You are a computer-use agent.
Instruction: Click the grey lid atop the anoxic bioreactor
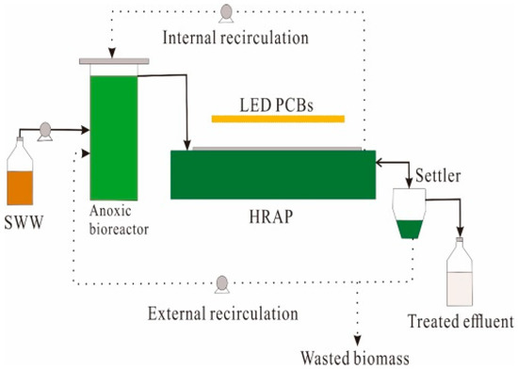coord(113,61)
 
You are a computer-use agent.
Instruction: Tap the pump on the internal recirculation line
coord(227,12)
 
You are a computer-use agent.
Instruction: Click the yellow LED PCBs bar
coord(278,119)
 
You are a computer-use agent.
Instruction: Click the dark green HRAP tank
coord(272,174)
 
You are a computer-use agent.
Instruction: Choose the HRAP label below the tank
coord(273,216)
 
